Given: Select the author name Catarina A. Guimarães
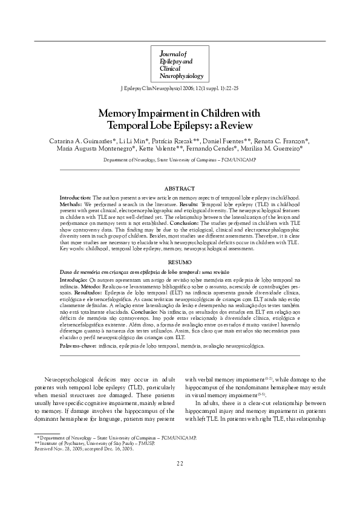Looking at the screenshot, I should tap(80, 141).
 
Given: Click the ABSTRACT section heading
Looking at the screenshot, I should tap(179, 189).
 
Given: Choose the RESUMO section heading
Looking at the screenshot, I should tap(179, 263).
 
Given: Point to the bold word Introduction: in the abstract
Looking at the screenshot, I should tap(75, 198).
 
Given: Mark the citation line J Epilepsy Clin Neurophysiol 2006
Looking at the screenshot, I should tap(179, 88).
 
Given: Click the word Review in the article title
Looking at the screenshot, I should tap(217, 125).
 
